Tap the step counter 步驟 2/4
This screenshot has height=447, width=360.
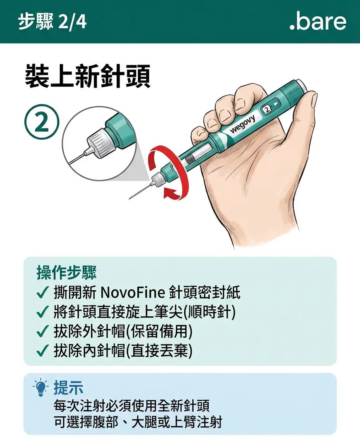pos(52,22)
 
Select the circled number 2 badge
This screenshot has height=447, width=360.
pos(42,122)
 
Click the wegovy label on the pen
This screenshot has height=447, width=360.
pos(242,124)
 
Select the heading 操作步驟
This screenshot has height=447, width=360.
pos(67,272)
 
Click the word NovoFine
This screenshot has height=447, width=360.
pos(133,293)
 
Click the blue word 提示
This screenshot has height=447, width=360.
pos(68,387)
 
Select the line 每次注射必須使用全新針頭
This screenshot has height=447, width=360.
pos(132,405)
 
